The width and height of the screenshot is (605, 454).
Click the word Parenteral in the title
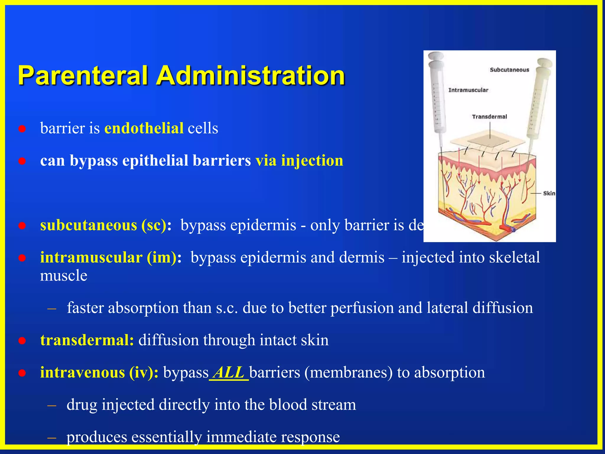[x=83, y=76]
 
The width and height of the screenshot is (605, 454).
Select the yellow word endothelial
[x=144, y=128]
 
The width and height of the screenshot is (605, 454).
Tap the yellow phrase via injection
[x=299, y=160]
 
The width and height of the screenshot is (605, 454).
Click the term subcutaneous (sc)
[x=103, y=225]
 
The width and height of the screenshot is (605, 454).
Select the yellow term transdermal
[x=87, y=340]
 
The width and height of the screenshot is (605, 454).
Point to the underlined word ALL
[x=228, y=372]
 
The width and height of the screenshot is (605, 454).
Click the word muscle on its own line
[x=64, y=275]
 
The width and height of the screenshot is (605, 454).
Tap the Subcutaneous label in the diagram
[x=509, y=70]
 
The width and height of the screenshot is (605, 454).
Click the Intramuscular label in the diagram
[x=468, y=90]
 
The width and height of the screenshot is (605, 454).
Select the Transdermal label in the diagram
[x=489, y=116]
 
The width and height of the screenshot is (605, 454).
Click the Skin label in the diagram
[x=549, y=193]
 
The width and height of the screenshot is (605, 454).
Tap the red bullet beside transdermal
[x=22, y=341]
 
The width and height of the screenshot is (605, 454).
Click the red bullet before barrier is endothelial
[x=22, y=129]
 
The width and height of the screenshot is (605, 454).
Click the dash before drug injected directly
[x=52, y=405]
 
